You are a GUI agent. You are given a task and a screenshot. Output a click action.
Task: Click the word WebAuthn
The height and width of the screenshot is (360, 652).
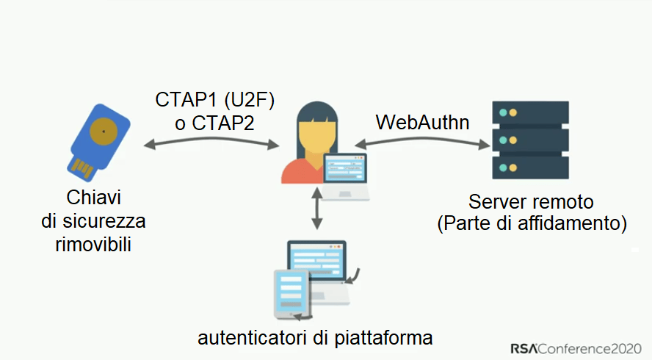[x=422, y=121]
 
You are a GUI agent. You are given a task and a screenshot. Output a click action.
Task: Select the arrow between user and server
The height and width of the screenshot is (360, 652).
[x=422, y=144]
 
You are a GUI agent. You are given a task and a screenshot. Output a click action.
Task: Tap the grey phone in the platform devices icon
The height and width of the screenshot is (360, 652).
[x=290, y=294]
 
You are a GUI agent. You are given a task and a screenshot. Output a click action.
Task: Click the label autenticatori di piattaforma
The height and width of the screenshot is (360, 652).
[x=315, y=338]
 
